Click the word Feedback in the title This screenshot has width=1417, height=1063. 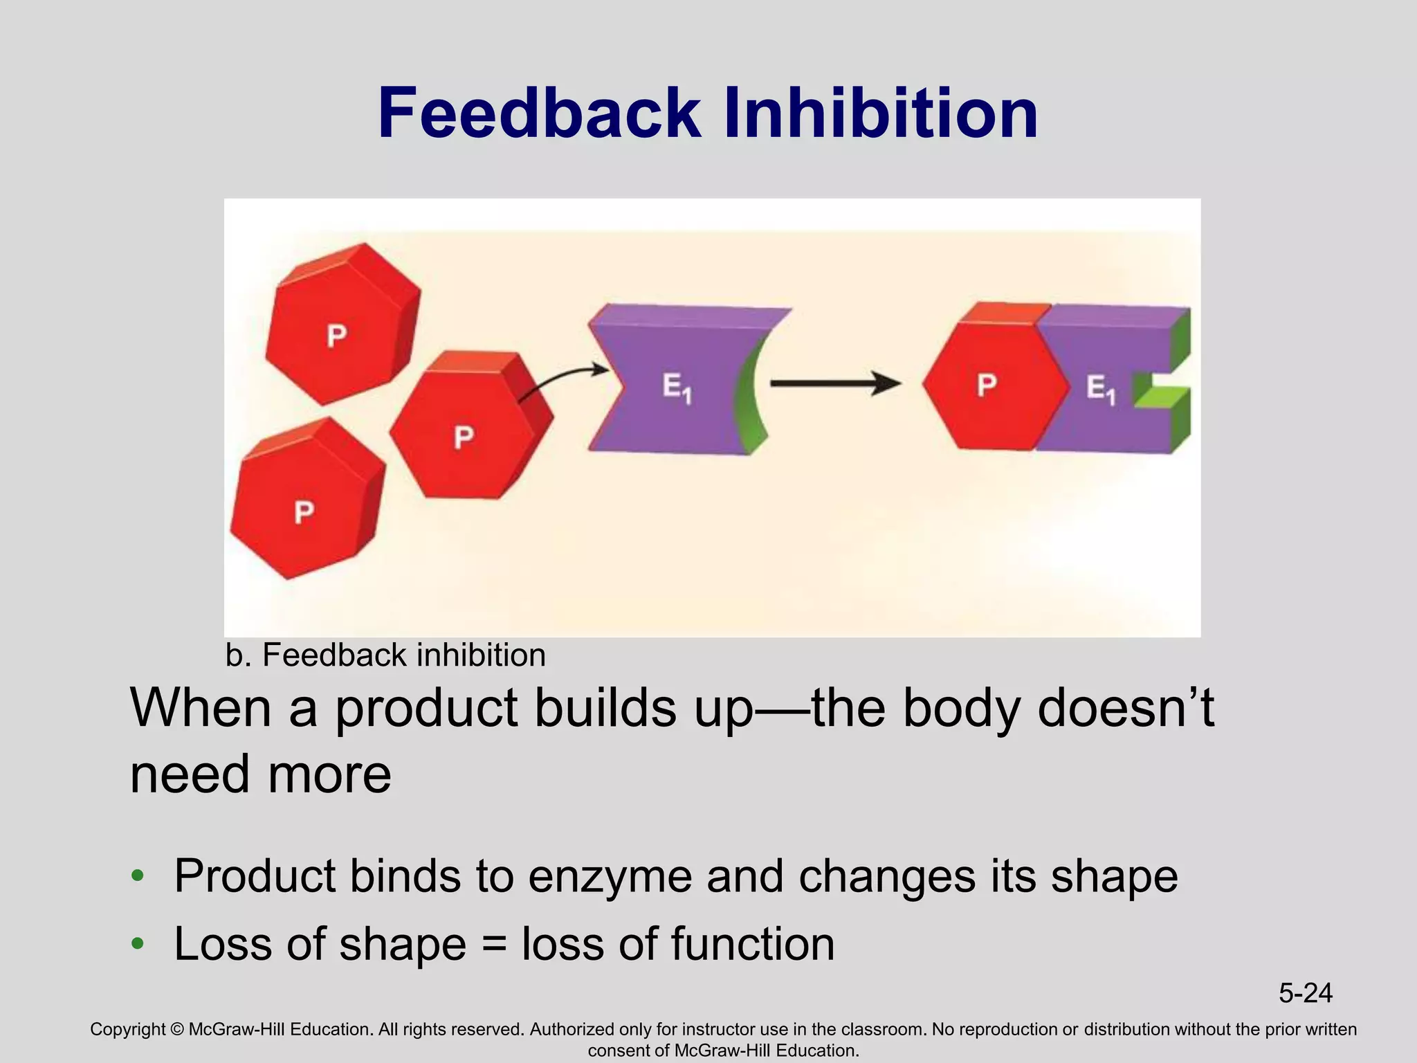540,113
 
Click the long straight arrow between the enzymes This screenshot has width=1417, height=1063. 834,383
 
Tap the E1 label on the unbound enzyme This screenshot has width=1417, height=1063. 676,388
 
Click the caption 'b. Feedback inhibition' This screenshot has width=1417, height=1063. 385,655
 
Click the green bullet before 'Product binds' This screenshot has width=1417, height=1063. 138,876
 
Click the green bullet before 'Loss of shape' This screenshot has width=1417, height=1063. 138,943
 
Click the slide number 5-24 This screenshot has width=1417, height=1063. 1305,993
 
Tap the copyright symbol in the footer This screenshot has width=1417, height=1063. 176,1030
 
